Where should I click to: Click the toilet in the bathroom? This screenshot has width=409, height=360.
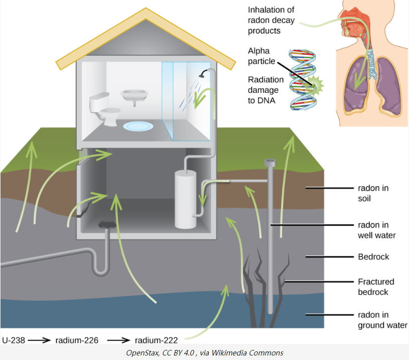[x=103, y=108]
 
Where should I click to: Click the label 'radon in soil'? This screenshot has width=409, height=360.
[x=373, y=193]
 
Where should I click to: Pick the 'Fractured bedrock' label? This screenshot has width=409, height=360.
[x=376, y=287]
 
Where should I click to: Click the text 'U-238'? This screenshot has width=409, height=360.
[x=13, y=340]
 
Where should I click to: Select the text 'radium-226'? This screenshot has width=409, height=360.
[x=77, y=340]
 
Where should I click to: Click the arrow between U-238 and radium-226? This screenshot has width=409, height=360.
[x=39, y=340]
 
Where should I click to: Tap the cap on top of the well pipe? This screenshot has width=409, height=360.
[x=270, y=162]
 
